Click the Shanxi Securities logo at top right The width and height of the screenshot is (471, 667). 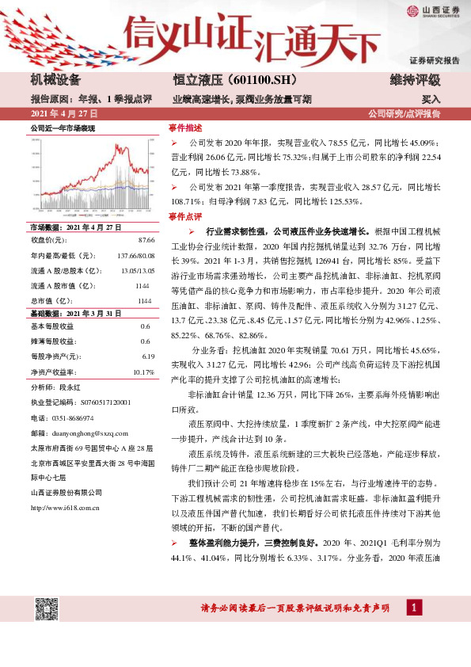coord(433,10)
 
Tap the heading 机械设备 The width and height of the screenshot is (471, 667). coord(61,80)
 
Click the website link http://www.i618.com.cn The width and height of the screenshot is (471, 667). coord(67,508)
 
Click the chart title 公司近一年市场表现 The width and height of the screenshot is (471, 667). coord(63,127)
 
